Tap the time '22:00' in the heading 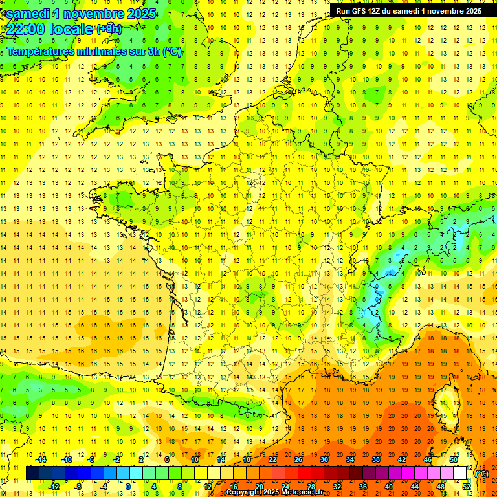tap(28, 29)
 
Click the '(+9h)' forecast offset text tap(109, 29)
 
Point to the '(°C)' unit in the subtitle tap(172, 52)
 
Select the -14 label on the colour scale tap(41, 459)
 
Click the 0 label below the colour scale tap(127, 487)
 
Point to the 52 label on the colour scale tap(467, 487)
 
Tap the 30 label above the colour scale tap(324, 459)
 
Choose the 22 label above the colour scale tap(272, 459)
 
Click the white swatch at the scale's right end tap(460, 473)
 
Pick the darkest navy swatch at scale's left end tap(32, 473)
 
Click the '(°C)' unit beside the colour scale tap(481, 474)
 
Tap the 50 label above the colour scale tap(454, 459)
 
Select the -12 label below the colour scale tap(54, 487)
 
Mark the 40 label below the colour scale tap(389, 487)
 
